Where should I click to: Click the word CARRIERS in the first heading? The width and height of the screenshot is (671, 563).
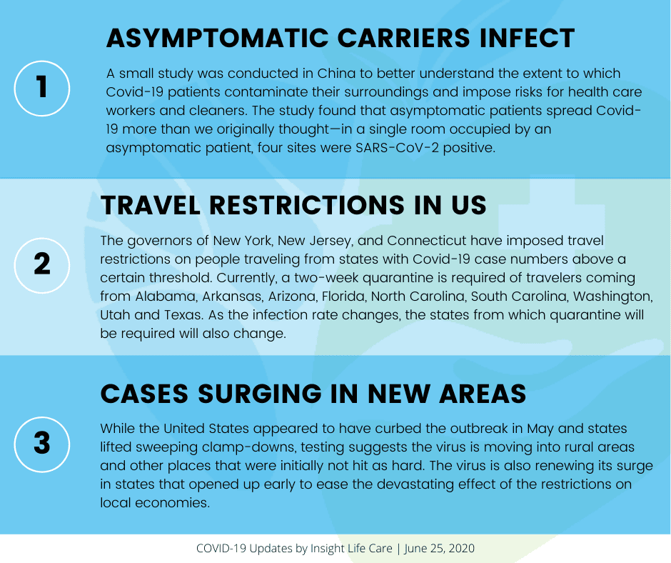(403, 38)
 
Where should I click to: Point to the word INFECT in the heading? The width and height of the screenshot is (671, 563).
(528, 38)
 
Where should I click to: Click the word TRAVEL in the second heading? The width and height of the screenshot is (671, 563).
(150, 205)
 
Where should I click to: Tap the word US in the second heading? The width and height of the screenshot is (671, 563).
(469, 205)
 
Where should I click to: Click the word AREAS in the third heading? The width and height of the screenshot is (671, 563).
(483, 394)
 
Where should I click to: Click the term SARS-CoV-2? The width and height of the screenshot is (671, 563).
(397, 148)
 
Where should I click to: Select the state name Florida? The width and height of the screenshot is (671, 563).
(345, 297)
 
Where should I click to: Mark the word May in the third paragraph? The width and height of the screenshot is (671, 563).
(540, 429)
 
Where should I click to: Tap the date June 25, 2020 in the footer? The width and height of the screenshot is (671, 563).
(439, 549)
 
